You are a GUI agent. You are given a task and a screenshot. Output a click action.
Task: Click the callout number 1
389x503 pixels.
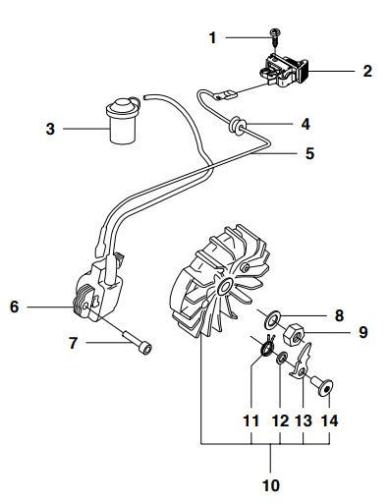tap(213, 37)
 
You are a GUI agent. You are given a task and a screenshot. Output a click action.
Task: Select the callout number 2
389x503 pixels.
tap(366, 71)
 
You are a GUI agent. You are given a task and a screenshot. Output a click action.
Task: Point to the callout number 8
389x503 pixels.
tap(340, 315)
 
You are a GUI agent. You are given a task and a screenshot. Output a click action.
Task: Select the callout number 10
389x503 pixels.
tap(269, 485)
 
